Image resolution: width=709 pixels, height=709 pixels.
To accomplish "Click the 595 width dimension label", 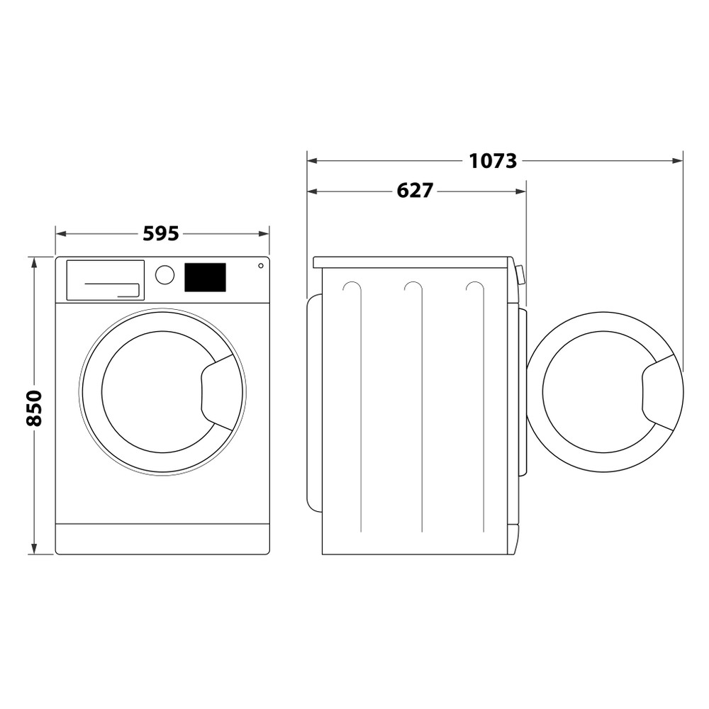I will [x=161, y=233].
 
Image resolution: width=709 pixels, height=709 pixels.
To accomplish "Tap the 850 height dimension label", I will [x=34, y=407].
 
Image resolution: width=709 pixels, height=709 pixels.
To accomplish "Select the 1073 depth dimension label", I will [x=493, y=161].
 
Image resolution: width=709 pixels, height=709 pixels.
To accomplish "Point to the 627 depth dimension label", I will [x=415, y=191].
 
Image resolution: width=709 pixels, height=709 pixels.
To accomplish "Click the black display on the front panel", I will [x=205, y=277].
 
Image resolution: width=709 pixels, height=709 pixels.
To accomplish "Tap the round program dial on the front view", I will [x=164, y=275].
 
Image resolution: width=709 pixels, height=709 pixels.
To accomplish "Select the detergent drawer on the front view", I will [x=105, y=280].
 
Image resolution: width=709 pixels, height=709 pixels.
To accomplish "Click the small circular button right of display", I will [x=261, y=266].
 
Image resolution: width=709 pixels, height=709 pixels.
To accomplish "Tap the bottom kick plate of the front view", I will [x=162, y=539].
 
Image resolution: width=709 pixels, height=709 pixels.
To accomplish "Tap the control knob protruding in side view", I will [x=521, y=274].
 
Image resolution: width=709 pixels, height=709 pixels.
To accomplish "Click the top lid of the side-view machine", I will [x=411, y=262].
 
